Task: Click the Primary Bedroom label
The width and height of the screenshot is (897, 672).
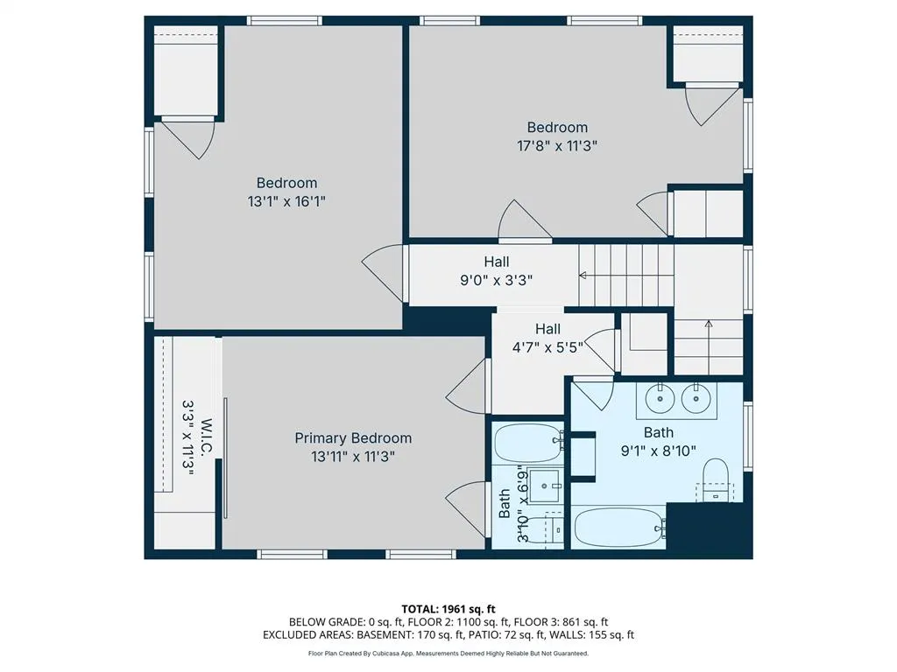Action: click(353, 438)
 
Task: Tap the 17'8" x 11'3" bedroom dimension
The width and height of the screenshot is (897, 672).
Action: click(557, 146)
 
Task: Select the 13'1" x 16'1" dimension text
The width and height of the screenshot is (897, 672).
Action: click(286, 202)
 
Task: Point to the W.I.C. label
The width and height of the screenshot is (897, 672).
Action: click(207, 437)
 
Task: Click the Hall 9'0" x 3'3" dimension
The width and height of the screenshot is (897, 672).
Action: click(497, 281)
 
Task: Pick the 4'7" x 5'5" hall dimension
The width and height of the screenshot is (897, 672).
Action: click(547, 347)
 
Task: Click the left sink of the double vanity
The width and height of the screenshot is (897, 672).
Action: click(660, 398)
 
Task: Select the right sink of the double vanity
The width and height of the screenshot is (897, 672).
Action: click(696, 398)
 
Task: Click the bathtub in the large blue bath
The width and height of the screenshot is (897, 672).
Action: click(619, 528)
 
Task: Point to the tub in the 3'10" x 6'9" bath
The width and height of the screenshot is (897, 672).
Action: click(528, 443)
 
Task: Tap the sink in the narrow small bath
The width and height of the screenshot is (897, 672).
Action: click(545, 486)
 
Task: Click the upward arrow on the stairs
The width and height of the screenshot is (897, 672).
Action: click(709, 346)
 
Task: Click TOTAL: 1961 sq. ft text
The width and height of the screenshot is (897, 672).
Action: click(448, 609)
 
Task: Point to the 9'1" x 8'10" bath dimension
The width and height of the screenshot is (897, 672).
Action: click(659, 451)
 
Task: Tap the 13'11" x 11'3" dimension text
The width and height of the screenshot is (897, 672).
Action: click(353, 457)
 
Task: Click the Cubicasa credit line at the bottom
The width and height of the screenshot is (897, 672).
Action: click(448, 653)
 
